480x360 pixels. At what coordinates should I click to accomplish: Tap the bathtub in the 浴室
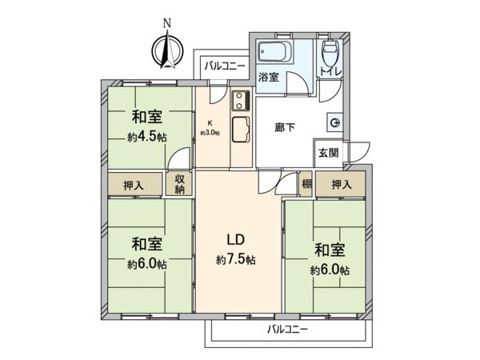point(274,51)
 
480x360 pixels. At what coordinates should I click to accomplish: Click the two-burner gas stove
point(241,101)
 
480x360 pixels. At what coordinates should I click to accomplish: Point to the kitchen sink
point(241,130)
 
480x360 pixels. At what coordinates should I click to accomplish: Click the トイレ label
point(330,72)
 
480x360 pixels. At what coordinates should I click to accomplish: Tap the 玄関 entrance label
point(329,153)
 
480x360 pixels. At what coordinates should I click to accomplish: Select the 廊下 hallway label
point(285,127)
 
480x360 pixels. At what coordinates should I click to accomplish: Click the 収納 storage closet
point(180,184)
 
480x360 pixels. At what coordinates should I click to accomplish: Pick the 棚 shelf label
point(307,184)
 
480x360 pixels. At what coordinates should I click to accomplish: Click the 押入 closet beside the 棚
point(341,184)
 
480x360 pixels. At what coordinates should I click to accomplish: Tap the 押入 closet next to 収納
point(134,184)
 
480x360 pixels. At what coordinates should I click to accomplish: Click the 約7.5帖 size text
point(236,260)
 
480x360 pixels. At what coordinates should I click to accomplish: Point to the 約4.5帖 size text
point(147,138)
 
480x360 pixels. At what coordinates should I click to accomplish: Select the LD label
point(235,240)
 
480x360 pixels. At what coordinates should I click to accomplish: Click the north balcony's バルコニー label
point(225,66)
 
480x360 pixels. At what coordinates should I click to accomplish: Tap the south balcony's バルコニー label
point(287,330)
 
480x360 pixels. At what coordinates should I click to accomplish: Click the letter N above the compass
point(167,23)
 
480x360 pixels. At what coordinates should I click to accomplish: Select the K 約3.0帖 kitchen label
point(210,128)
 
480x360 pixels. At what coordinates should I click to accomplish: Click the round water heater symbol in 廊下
point(335,123)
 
